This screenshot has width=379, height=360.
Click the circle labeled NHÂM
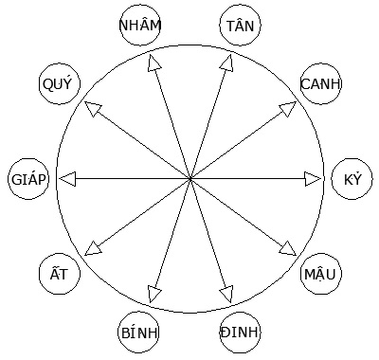[x=140, y=27]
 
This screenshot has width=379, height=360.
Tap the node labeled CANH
[x=320, y=84]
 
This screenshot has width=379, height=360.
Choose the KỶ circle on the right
[x=352, y=178]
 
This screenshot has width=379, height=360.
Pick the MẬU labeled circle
[x=320, y=274]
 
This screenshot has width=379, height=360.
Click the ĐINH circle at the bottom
[x=240, y=332]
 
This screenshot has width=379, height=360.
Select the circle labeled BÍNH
[x=140, y=332]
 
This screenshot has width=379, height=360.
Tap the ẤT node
[x=59, y=274]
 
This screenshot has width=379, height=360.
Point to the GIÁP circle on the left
[x=27, y=178]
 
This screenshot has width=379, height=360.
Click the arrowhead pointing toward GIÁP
[x=65, y=178]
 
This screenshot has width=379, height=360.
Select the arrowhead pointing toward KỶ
[x=314, y=178]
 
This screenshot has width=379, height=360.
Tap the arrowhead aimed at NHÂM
[x=153, y=62]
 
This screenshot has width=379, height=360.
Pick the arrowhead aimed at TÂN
[x=227, y=62]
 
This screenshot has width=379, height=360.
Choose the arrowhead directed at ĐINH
[x=227, y=295]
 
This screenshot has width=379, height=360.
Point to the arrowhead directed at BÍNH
[x=153, y=295]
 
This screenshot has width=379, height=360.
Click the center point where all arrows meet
[x=189, y=178]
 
